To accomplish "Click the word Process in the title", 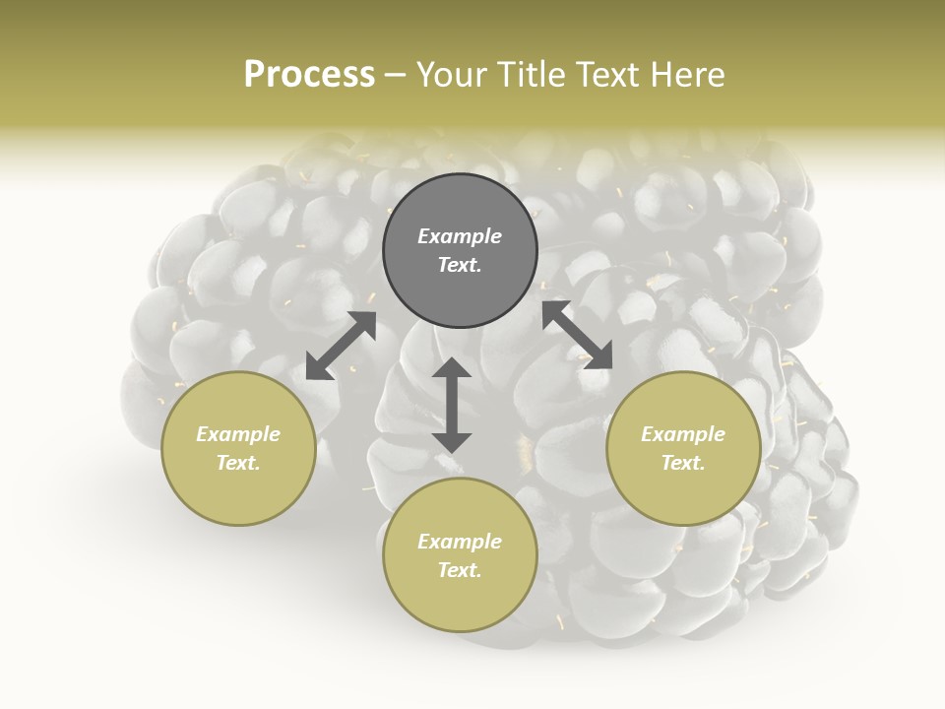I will (309, 75).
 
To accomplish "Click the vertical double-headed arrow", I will (452, 405).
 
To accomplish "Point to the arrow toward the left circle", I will (341, 346).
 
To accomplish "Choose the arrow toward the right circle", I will (578, 335).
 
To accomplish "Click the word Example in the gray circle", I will (460, 236).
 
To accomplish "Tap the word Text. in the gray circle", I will (460, 265).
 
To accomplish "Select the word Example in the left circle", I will (238, 434).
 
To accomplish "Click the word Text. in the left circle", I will (238, 463).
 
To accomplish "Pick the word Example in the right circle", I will (683, 434).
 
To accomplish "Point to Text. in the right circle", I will (683, 463).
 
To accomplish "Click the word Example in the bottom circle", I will (460, 542).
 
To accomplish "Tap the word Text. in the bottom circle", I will (460, 570).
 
